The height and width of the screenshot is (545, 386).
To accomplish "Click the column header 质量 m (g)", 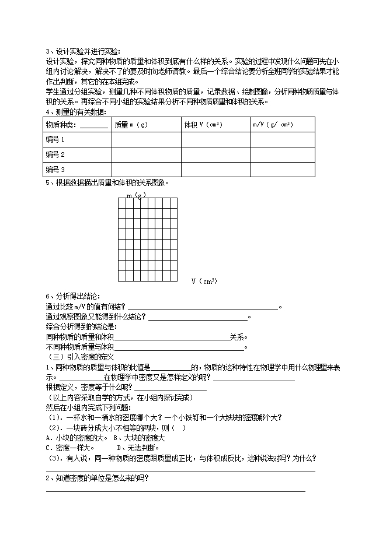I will pos(132,124).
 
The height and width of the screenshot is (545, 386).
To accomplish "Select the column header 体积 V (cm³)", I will pos(203,124).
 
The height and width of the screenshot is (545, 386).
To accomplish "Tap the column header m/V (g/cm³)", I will pos(273,124).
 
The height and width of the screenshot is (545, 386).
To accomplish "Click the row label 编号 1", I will pos(55,139).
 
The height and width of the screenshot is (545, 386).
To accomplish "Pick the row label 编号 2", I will pos(55,154).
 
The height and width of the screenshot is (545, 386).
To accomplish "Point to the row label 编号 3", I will pos(55,170).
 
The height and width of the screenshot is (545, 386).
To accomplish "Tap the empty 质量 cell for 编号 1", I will pos(146,139).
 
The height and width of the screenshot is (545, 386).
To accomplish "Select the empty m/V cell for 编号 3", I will pos(282,170).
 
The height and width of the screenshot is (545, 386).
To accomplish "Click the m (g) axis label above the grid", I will pos(136,195).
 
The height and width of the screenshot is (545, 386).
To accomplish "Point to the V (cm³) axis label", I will pos(204,282).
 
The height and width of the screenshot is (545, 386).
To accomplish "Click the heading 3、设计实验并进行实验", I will pos(82,51).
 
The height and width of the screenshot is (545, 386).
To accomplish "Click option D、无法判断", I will pos(138,448).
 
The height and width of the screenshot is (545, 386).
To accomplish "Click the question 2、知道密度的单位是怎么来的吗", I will pos(97,479).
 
